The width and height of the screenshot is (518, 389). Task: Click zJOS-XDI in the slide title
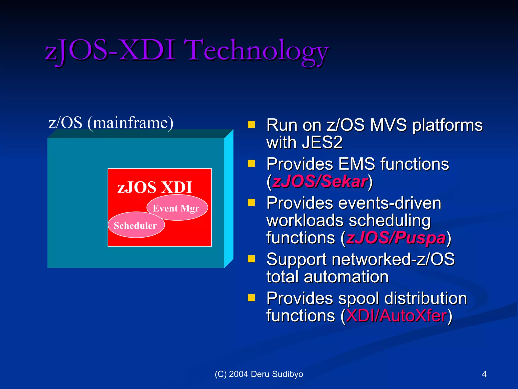coord(110,51)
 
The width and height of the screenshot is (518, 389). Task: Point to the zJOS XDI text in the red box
coord(155,187)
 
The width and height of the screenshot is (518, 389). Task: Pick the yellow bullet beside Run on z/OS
coord(251,125)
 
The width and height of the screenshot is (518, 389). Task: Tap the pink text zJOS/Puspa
coord(396,238)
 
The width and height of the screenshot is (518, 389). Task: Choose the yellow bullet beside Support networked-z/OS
coord(251,259)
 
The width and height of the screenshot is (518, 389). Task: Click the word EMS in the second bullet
coord(357,164)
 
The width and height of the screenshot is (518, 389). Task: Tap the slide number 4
coord(484,374)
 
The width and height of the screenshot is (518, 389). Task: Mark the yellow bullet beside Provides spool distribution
coord(251,298)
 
